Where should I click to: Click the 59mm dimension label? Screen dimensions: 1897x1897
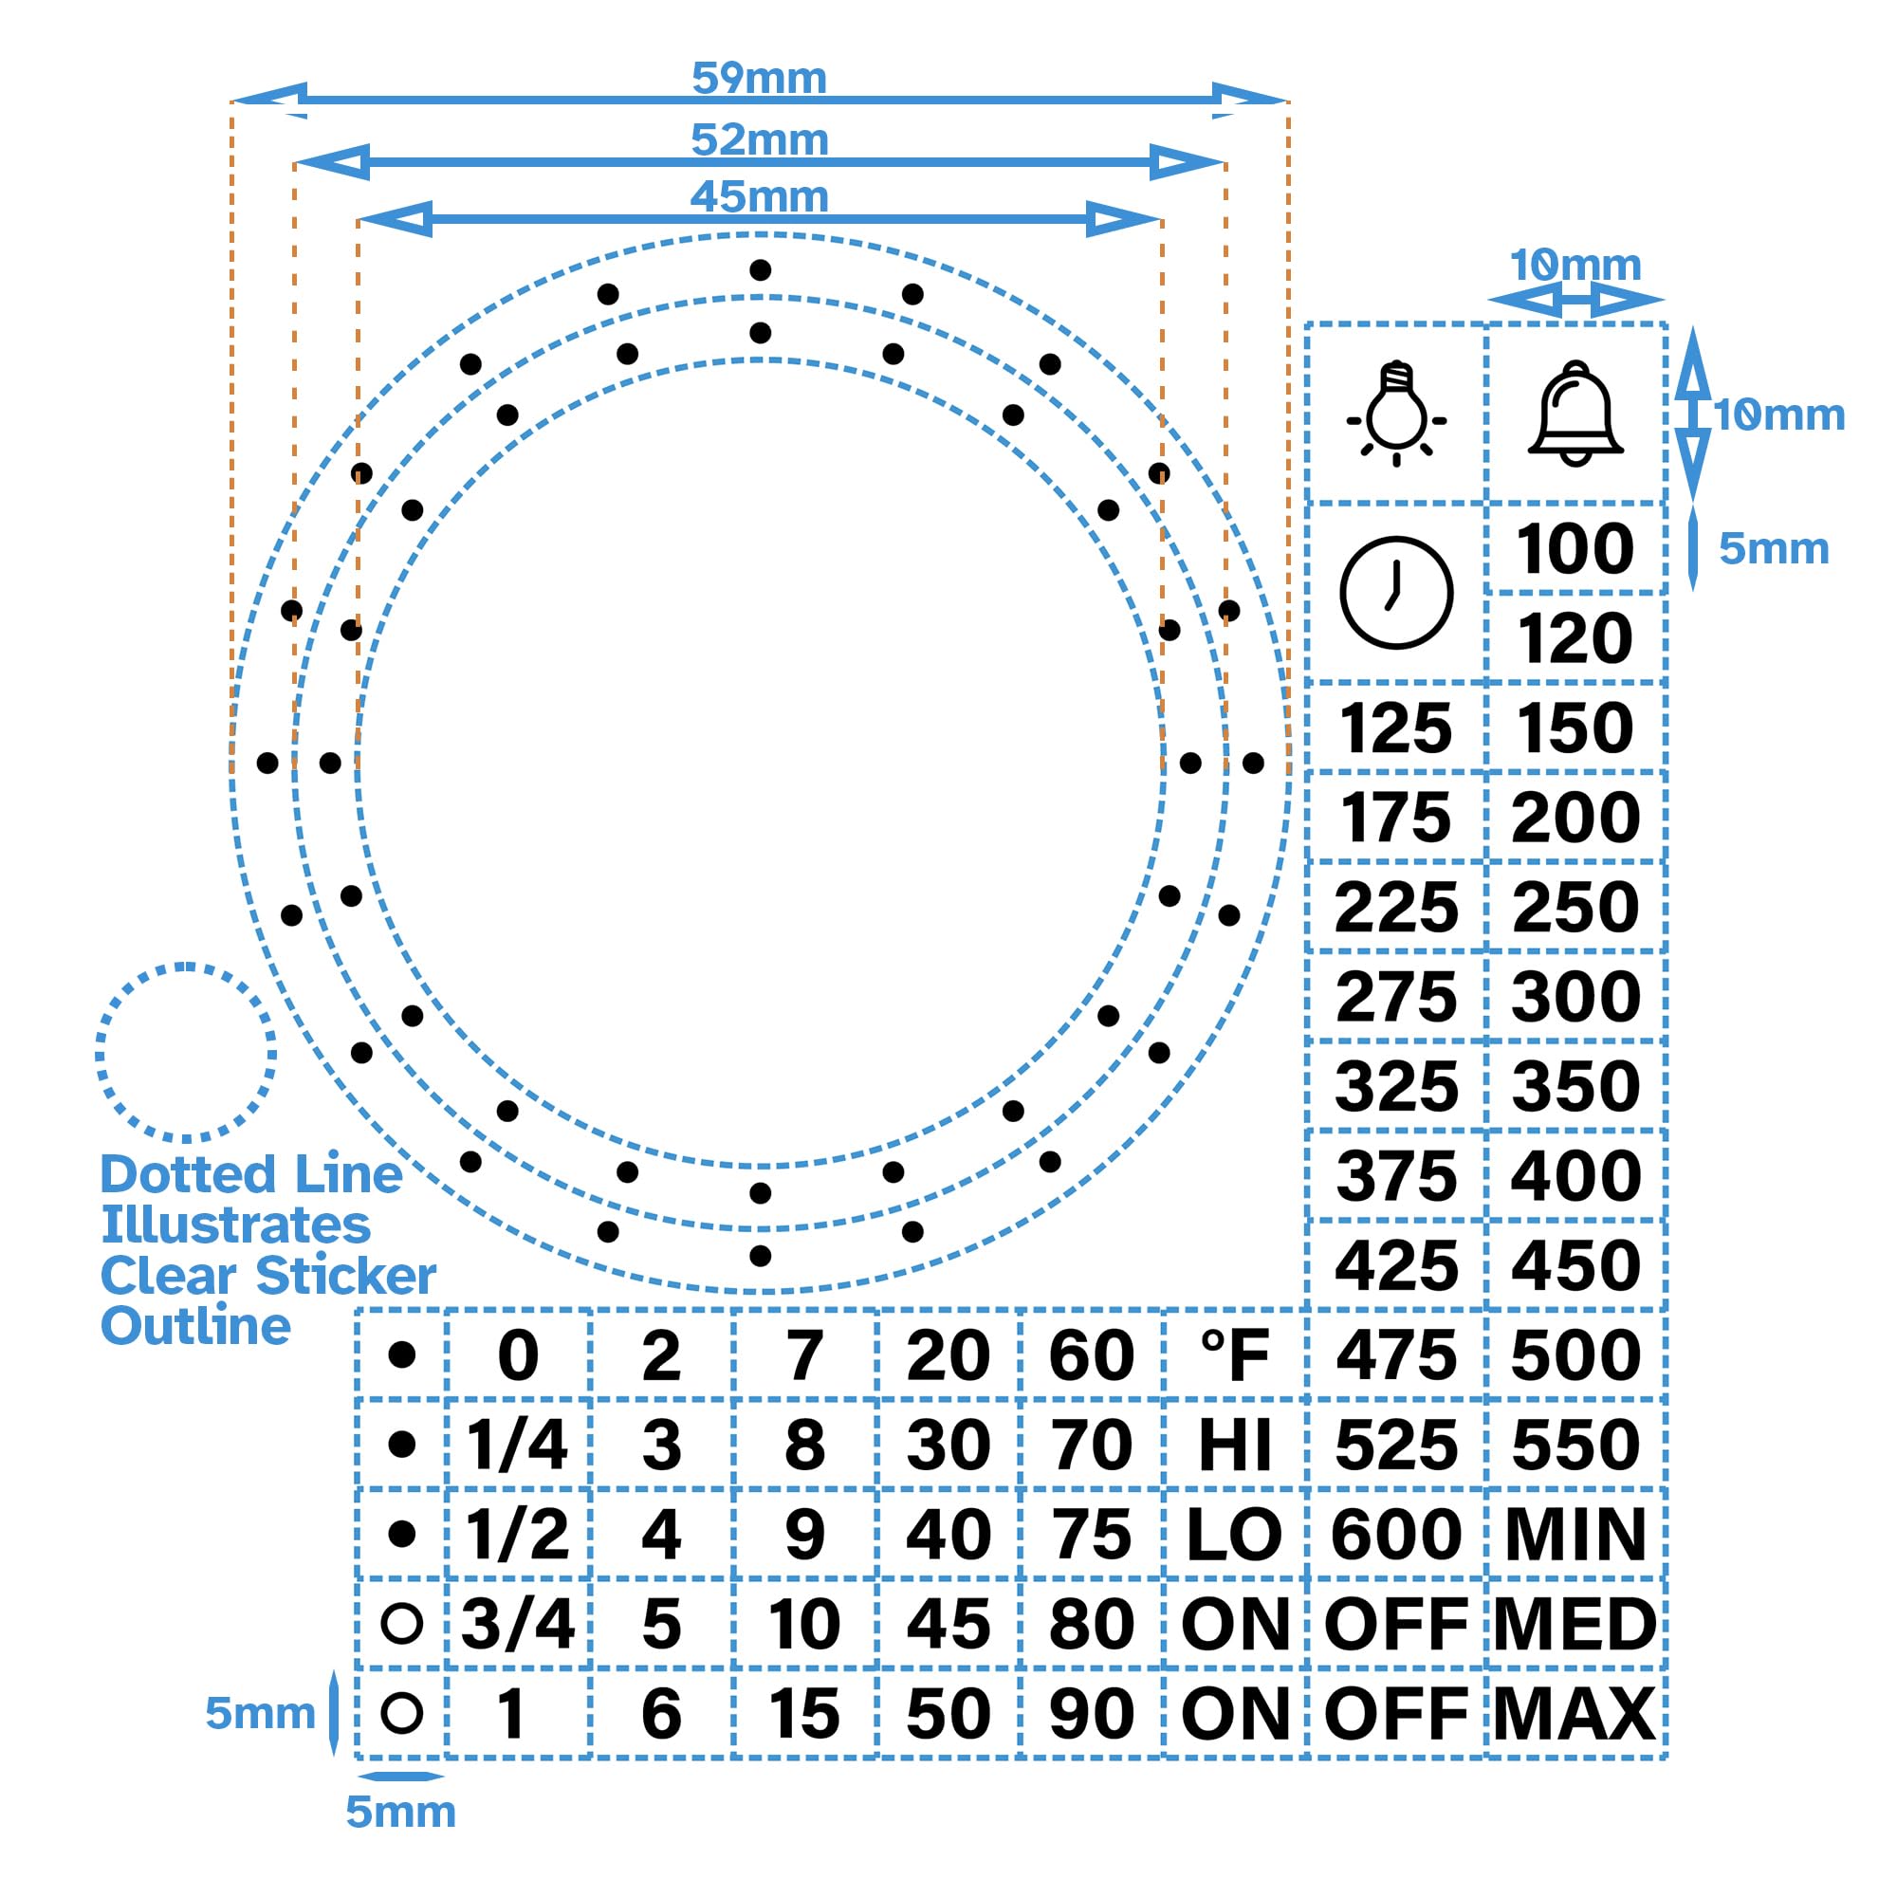[759, 78]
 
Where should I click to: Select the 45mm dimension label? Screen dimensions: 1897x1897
[759, 196]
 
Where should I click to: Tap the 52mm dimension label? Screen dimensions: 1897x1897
[759, 139]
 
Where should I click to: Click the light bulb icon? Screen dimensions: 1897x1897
[1395, 414]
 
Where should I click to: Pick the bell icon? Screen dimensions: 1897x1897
[1575, 414]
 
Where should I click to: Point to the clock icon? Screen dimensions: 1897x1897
[1395, 592]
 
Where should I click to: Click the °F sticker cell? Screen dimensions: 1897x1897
[1234, 1355]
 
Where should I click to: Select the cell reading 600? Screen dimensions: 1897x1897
[1395, 1534]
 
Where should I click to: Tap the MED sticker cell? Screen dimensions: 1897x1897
[1575, 1623]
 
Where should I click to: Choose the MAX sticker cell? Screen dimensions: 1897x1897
[1575, 1713]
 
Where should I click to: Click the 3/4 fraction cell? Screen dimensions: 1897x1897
[518, 1623]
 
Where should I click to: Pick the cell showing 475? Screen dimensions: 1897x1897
[1395, 1355]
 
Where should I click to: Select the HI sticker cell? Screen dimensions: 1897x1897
[1234, 1445]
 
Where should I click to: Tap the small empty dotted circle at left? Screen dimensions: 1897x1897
[186, 1053]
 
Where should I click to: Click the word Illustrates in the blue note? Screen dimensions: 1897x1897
[235, 1225]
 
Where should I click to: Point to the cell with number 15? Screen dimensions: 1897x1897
[804, 1713]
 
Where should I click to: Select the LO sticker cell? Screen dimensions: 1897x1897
[1234, 1534]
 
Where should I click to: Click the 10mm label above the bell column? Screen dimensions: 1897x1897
[1575, 266]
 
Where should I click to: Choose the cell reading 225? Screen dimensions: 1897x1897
[1395, 906]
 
